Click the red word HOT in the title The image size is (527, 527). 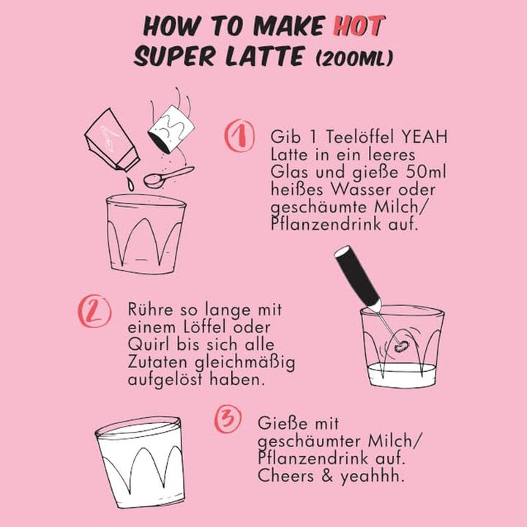point(359,26)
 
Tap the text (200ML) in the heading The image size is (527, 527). point(354,58)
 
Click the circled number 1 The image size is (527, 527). point(239,135)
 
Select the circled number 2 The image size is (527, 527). point(94,311)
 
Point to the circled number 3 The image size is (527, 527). point(228,419)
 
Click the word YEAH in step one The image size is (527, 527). point(425,137)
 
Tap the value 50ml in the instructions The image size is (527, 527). point(426,172)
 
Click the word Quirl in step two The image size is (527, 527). point(150,345)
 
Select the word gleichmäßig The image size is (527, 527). point(245,363)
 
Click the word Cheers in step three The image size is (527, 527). point(285,476)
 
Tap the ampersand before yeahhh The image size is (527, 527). point(327,476)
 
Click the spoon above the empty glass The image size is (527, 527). point(169,177)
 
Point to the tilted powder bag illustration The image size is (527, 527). point(112,140)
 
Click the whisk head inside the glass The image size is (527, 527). point(400,345)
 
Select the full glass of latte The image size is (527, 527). point(141,462)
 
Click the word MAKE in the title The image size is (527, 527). point(288,26)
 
